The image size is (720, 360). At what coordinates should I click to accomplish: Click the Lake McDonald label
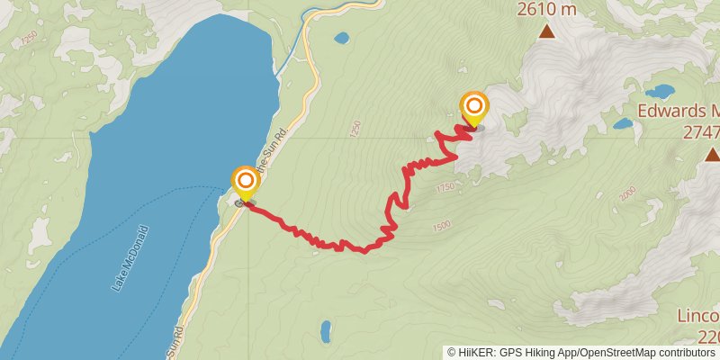pyautogui.click(x=130, y=258)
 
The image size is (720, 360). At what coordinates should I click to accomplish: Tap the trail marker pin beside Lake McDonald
pyautogui.click(x=245, y=184)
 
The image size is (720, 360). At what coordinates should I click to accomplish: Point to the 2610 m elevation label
pyautogui.click(x=545, y=11)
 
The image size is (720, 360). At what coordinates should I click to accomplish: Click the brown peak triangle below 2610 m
pyautogui.click(x=546, y=32)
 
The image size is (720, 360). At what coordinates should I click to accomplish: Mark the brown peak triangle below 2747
pyautogui.click(x=712, y=154)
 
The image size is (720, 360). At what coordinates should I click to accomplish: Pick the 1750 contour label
pyautogui.click(x=445, y=188)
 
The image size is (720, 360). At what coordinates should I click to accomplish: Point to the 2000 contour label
pyautogui.click(x=627, y=193)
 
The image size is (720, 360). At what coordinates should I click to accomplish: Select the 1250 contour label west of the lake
pyautogui.click(x=30, y=38)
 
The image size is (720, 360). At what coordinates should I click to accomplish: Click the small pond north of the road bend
pyautogui.click(x=341, y=39)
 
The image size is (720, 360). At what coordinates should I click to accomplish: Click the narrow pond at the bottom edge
pyautogui.click(x=325, y=333)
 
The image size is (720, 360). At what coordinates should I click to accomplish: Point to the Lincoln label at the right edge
pyautogui.click(x=699, y=317)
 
